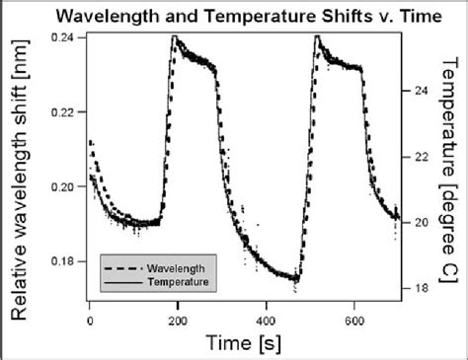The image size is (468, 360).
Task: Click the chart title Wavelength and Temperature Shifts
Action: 234,15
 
